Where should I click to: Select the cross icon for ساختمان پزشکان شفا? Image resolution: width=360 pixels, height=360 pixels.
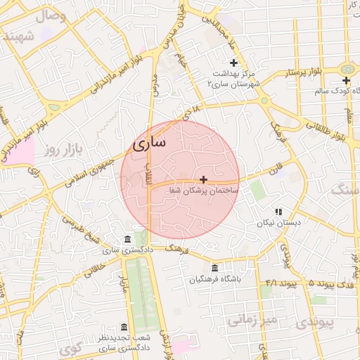(x=204, y=180)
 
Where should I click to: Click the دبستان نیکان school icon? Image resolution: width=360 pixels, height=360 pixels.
(x=278, y=212)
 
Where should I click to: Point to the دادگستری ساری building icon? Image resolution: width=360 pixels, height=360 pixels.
(x=127, y=240)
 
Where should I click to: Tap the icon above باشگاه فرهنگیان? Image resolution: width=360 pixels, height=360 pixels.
(x=214, y=268)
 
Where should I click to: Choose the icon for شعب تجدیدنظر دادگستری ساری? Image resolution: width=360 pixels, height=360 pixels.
(x=124, y=328)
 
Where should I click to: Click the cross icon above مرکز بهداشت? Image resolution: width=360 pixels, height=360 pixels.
(x=234, y=63)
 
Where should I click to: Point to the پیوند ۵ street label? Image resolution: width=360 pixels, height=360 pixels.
(x=302, y=283)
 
